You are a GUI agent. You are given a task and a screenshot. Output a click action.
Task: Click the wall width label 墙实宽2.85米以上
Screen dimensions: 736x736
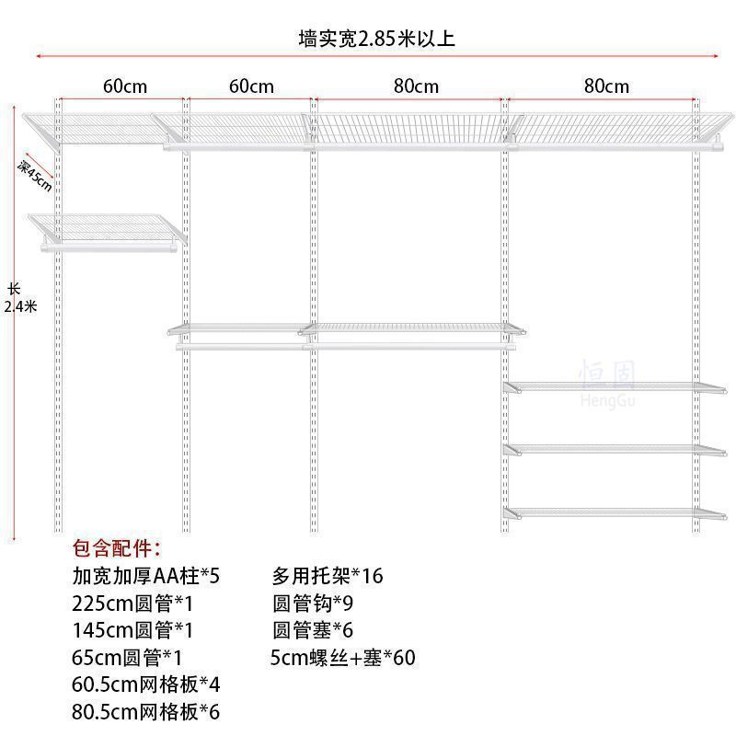(x=377, y=39)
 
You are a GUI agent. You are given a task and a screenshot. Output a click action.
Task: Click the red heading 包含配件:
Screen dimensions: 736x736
(x=117, y=550)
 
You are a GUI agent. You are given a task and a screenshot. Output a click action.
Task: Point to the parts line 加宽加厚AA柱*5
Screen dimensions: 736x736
(x=146, y=577)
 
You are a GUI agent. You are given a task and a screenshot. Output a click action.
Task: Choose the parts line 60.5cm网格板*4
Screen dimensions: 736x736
(x=146, y=684)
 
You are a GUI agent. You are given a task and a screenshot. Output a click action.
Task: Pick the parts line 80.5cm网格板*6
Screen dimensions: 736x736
(x=146, y=711)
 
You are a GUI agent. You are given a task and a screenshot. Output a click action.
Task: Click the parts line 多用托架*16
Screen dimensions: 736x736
(x=327, y=577)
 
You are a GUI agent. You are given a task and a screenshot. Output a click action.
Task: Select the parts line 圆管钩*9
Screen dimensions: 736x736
(x=313, y=604)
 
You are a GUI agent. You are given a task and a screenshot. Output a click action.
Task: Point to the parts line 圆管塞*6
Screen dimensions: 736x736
(x=313, y=631)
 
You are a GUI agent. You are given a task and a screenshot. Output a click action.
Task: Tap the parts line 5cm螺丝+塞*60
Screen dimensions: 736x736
(x=343, y=658)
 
